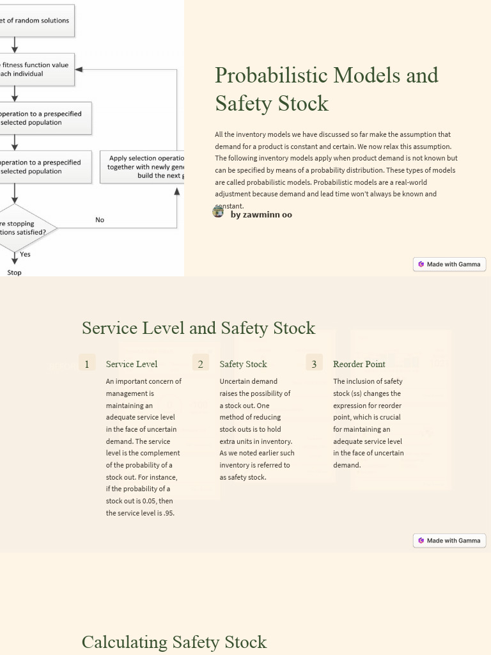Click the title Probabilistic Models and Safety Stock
pos(326,89)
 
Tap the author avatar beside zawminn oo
pos(218,212)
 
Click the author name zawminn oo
pos(261,215)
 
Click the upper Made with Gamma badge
pos(449,264)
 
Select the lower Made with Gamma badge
pos(449,541)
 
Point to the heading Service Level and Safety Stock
pos(198,328)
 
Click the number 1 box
pos(87,364)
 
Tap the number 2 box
pos(200,364)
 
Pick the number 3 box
pos(314,364)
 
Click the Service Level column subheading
pos(132,364)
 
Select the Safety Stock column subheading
pos(243,364)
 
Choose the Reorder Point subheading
pos(359,364)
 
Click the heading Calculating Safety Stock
pos(174,642)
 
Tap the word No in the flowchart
pos(100,220)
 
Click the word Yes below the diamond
pos(25,255)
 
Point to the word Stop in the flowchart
pos(14,272)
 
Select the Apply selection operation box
pos(142,167)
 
